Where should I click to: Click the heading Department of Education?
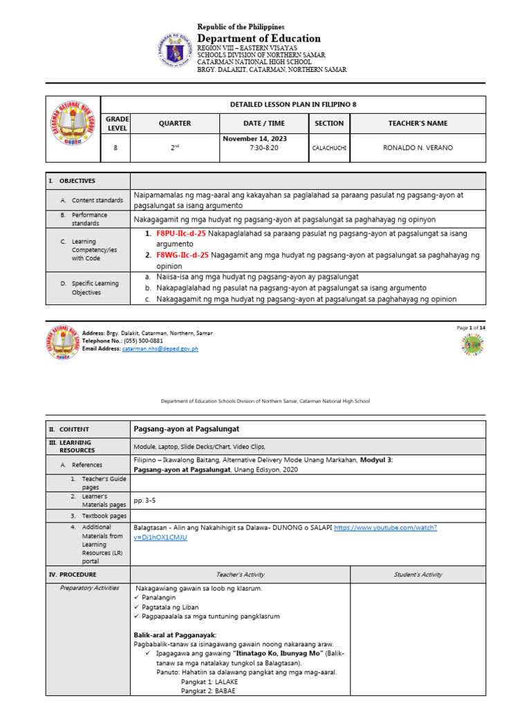coord(259,38)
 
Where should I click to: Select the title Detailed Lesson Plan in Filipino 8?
coord(292,105)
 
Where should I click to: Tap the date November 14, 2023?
coord(254,139)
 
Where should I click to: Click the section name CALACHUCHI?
coord(329,148)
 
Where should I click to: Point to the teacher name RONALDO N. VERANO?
coord(418,148)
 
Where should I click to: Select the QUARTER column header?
coord(175,124)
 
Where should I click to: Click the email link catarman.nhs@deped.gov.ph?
coord(160,349)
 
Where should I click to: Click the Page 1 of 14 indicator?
coord(471,327)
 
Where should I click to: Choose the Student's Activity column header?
coord(418,574)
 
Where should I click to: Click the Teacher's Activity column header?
coord(240,574)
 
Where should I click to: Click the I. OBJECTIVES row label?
coord(72,180)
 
